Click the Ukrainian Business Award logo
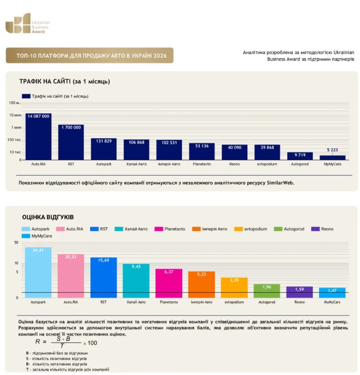[x=28, y=23]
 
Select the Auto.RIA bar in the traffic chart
[x=39, y=136]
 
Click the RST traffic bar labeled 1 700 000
[x=71, y=142]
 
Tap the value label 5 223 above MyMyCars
[x=332, y=150]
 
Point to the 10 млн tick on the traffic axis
[x=15, y=115]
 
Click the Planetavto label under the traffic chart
[x=202, y=164]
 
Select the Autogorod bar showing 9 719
[x=300, y=156]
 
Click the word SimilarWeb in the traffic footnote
[x=280, y=183]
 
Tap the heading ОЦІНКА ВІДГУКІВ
[x=48, y=217]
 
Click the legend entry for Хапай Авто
[x=131, y=229]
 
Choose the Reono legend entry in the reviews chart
[x=322, y=229]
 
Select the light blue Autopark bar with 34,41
[x=38, y=273]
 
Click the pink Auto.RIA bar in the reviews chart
[x=71, y=276]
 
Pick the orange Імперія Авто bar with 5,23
[x=201, y=285]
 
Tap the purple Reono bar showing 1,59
[x=299, y=292]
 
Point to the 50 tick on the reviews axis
[x=16, y=243]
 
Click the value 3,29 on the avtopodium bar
[x=234, y=280]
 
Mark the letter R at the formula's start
[x=38, y=342]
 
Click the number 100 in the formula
[x=92, y=343]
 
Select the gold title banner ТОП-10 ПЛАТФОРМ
[x=89, y=55]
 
